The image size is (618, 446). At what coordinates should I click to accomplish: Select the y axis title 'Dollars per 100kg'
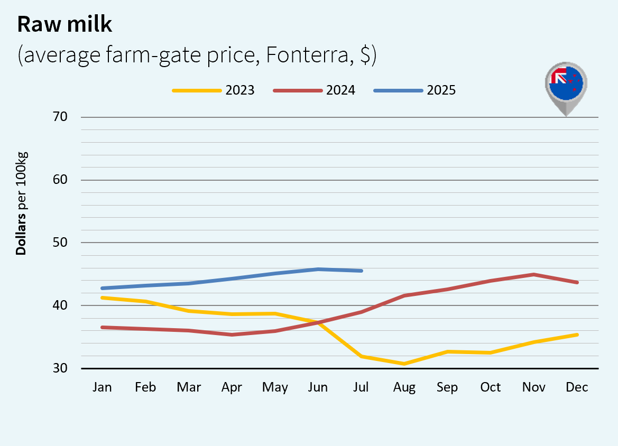[x=21, y=203]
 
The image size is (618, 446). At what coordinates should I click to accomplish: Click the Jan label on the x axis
[x=102, y=387]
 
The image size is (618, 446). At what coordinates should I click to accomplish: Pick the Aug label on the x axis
[x=404, y=387]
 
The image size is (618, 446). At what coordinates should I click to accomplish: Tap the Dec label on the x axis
[x=577, y=387]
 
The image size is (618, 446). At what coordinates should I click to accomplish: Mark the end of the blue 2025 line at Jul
[x=362, y=271]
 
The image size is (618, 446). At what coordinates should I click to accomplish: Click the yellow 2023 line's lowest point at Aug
[x=404, y=364]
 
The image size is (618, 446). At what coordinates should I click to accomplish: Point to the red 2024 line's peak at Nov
[x=534, y=274]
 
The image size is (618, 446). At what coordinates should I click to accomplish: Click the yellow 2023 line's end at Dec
[x=577, y=334]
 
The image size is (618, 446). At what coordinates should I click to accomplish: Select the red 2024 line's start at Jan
[x=102, y=327]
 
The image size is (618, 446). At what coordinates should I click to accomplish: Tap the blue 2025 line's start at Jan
[x=102, y=288]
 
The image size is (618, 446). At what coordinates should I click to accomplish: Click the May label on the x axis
[x=275, y=387]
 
